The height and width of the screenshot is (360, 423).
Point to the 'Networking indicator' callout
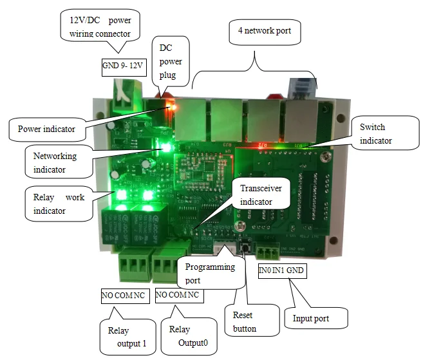click(x=57, y=162)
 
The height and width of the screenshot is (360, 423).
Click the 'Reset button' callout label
click(x=244, y=322)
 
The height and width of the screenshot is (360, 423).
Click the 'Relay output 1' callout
click(x=127, y=337)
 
